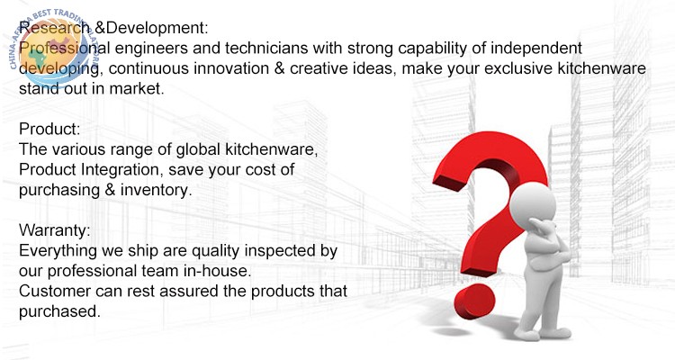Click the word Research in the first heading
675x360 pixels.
click(x=55, y=28)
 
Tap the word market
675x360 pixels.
click(x=137, y=89)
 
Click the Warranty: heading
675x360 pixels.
click(x=55, y=230)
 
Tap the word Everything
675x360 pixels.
click(x=58, y=251)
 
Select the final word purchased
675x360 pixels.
click(x=59, y=311)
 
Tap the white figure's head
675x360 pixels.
click(x=532, y=203)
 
